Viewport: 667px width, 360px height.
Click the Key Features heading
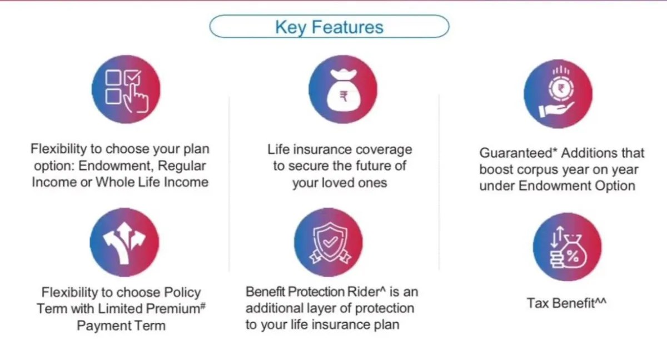click(x=329, y=27)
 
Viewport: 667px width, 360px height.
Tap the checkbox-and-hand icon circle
click(x=126, y=89)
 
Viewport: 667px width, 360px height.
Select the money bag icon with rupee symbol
click(x=343, y=89)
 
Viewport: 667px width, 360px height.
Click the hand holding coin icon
click(x=558, y=94)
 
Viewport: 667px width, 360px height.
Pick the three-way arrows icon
click(x=125, y=242)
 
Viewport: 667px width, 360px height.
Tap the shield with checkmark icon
click(x=328, y=242)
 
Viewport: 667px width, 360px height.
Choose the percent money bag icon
click(x=567, y=247)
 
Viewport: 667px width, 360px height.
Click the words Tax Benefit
click(x=561, y=303)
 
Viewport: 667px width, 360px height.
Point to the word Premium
click(x=173, y=308)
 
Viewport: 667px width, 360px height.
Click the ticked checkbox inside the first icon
click(x=132, y=77)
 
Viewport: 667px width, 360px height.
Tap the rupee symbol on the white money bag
click(x=344, y=97)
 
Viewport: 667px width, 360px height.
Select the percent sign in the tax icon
click(x=573, y=256)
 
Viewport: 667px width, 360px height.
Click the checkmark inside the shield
click(x=330, y=242)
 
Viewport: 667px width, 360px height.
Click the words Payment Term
click(x=121, y=326)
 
